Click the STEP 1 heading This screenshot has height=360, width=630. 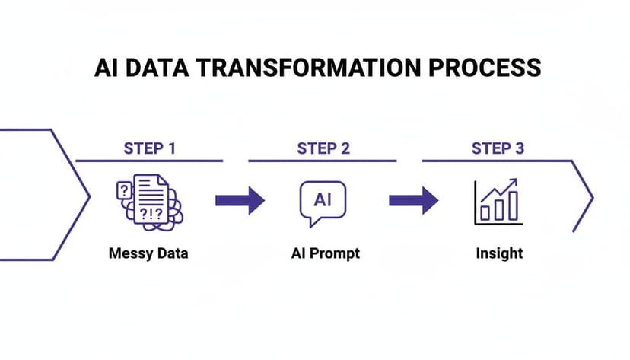pyautogui.click(x=149, y=148)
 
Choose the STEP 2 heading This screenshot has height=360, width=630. pyautogui.click(x=323, y=148)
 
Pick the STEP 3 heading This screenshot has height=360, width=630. pyautogui.click(x=497, y=148)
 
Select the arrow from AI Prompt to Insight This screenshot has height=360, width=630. pyautogui.click(x=413, y=201)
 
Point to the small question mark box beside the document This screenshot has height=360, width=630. pyautogui.click(x=123, y=191)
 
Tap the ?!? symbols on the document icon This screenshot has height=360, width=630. pyautogui.click(x=151, y=214)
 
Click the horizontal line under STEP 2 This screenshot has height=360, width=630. pyautogui.click(x=323, y=161)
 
